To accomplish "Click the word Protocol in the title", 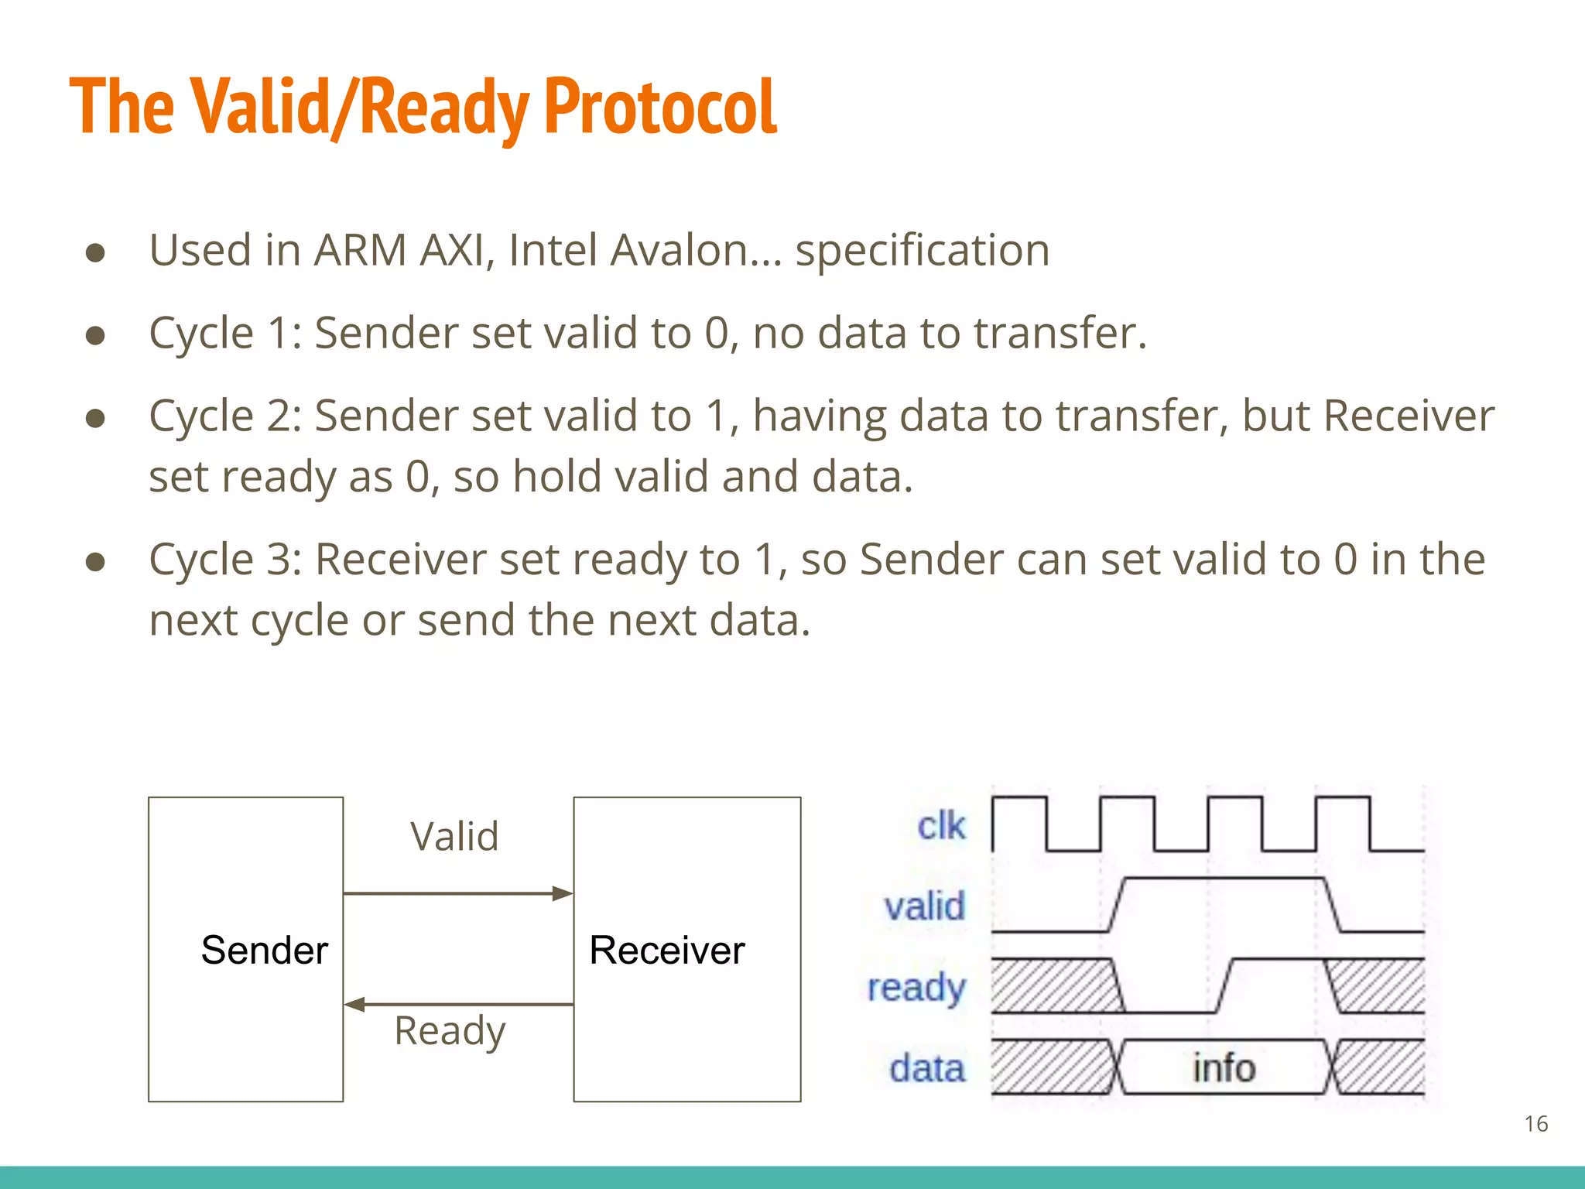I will (x=659, y=107).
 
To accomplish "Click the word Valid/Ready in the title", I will (x=360, y=107).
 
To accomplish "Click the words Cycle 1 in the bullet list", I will (x=219, y=334).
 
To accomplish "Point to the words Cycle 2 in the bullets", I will (x=219, y=416).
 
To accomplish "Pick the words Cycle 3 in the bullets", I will (x=219, y=560).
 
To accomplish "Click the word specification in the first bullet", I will (x=922, y=251).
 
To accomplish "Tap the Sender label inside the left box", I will (x=264, y=950).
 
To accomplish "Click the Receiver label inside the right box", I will (x=666, y=950).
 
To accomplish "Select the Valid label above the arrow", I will (x=454, y=836).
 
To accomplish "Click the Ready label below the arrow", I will (x=450, y=1030).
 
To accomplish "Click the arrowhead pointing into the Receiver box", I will (x=563, y=894).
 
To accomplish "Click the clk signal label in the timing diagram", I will (x=941, y=826).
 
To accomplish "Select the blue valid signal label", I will (x=925, y=906).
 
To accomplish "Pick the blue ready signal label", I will (x=916, y=988).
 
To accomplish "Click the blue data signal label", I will (x=927, y=1068).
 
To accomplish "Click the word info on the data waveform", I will (x=1224, y=1068).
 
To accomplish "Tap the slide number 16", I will (x=1535, y=1124).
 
